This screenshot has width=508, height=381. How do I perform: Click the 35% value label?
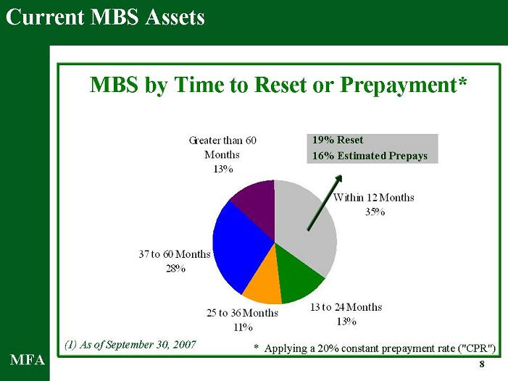coord(375,212)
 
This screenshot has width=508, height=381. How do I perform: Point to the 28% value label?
coord(175,268)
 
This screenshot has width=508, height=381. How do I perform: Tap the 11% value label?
coord(243,327)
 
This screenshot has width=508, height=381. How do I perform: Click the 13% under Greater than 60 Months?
coord(223,169)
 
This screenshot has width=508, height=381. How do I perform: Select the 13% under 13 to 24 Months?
coord(346,322)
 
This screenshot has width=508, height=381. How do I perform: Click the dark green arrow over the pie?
coord(325,203)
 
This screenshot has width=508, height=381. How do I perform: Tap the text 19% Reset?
coord(338,140)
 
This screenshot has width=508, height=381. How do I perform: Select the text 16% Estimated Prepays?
coord(370,156)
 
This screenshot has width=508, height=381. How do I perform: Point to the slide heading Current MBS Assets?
coord(105,17)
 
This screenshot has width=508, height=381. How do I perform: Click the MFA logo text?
coord(28,360)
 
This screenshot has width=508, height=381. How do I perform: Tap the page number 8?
coord(482,364)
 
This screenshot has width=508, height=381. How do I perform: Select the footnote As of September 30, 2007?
coord(130,345)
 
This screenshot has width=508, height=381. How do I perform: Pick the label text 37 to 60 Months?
coord(175,254)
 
